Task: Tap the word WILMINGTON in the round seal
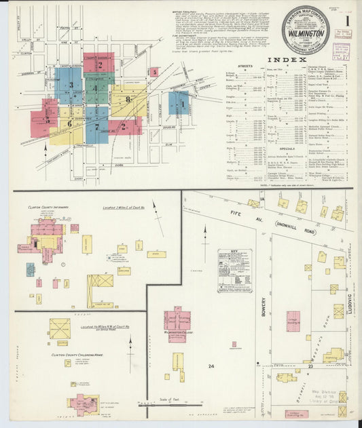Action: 306,31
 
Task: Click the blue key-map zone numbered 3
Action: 71,85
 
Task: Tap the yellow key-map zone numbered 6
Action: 69,124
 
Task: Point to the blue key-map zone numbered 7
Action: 96,126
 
